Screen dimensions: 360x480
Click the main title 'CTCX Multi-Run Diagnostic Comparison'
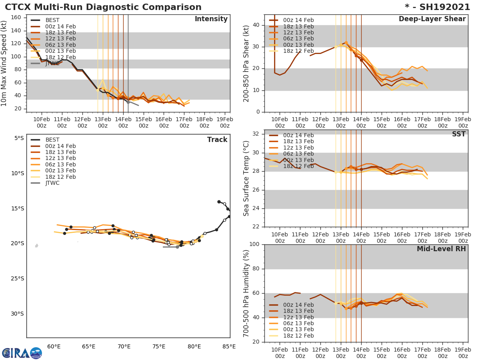click(103, 7)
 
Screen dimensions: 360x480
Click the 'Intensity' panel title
click(211, 19)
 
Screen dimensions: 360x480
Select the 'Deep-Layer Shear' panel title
click(432, 19)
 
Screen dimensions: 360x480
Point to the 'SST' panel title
click(458, 134)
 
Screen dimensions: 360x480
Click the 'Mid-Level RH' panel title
click(441, 249)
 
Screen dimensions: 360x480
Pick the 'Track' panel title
click(217, 140)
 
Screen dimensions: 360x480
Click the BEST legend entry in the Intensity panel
click(52, 20)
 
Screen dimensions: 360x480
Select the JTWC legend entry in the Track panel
click(52, 183)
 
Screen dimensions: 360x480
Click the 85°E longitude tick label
click(229, 346)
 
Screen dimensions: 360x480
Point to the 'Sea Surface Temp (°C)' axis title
click(246, 178)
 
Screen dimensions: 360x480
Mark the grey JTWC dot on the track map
click(177, 247)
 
